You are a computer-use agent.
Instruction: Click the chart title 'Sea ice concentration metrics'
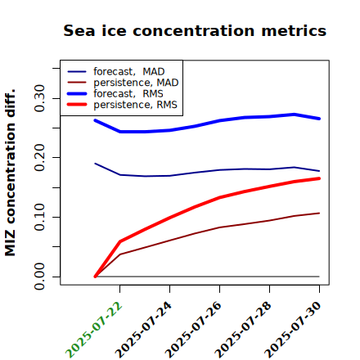point(195,30)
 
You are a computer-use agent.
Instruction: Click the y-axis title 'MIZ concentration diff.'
point(10,173)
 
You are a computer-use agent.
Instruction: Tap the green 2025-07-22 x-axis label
point(94,330)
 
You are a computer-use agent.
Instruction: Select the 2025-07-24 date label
point(144,330)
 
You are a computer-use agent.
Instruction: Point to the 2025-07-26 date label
point(194,330)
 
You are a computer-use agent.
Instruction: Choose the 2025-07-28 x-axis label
point(244,330)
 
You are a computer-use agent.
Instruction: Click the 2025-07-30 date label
point(294,330)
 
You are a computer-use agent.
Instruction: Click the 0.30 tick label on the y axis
point(39,98)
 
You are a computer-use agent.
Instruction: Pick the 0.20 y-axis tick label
point(39,158)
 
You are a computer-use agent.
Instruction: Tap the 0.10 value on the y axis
point(39,217)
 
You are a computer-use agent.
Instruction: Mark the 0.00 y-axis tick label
point(39,277)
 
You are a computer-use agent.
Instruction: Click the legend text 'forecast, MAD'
point(129,71)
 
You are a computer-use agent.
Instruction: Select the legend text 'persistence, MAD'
point(136,83)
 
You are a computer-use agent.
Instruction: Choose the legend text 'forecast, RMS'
point(128,93)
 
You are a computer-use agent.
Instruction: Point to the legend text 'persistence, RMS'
point(135,105)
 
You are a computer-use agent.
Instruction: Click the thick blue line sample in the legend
point(77,93)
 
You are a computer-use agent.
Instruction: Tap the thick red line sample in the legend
point(77,105)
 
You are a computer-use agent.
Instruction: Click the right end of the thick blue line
point(319,119)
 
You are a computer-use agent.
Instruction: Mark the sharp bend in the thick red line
point(120,241)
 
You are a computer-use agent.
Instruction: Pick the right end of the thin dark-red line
point(319,213)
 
